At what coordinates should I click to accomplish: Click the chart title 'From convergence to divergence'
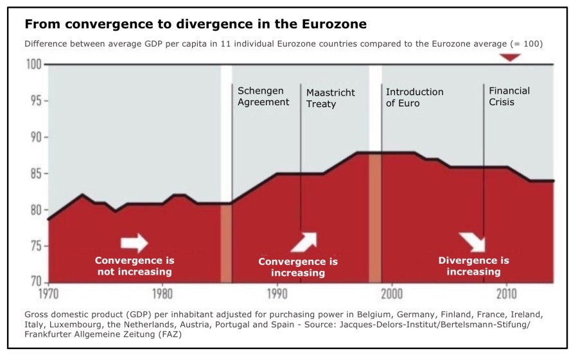pos(196,24)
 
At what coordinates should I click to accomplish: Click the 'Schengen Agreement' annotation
pos(263,96)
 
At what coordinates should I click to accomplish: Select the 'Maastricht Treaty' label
pos(330,98)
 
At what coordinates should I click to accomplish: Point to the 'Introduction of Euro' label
pos(414,97)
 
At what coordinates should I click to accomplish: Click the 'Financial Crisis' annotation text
pos(509,96)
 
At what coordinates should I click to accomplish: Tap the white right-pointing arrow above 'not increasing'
pos(134,242)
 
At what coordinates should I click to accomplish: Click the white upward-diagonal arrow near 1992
pos(303,241)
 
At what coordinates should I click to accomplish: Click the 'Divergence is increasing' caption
pos(473,266)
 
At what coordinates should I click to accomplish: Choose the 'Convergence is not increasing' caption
pos(134,266)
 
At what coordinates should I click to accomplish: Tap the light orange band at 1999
pos(375,218)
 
